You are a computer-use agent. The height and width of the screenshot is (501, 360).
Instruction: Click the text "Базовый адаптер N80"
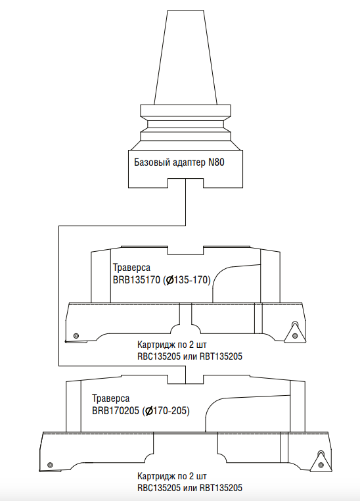click(x=179, y=162)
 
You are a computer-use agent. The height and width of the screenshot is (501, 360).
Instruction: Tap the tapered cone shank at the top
click(x=185, y=57)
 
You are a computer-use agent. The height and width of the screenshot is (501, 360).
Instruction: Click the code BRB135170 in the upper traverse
click(x=136, y=280)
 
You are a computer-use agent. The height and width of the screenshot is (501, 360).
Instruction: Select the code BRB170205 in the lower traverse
click(x=116, y=410)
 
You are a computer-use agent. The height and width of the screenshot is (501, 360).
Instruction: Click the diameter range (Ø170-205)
click(x=166, y=410)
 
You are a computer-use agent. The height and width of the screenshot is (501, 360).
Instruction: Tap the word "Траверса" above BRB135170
click(x=131, y=268)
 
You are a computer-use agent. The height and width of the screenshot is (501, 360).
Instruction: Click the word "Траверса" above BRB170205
click(x=111, y=398)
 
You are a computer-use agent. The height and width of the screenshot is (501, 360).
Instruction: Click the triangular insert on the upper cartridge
click(x=294, y=333)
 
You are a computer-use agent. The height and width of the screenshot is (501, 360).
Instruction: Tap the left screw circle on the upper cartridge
click(x=76, y=336)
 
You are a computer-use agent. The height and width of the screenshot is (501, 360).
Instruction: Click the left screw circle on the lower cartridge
click(x=49, y=465)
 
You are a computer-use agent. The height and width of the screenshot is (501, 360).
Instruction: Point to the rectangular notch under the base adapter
click(x=185, y=183)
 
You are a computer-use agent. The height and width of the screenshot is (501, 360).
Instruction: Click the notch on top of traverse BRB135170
click(x=185, y=251)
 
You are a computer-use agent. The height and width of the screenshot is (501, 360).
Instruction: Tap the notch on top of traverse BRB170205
click(x=185, y=379)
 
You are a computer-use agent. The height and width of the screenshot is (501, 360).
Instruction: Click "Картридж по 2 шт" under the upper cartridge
click(x=172, y=345)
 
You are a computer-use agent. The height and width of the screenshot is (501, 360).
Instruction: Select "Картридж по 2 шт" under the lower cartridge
click(x=172, y=476)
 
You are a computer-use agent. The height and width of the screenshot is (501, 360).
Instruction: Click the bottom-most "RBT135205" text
click(x=221, y=488)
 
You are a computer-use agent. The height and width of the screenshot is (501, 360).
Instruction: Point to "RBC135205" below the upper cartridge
click(x=158, y=356)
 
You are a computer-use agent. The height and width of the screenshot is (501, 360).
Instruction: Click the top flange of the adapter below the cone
click(x=185, y=110)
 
